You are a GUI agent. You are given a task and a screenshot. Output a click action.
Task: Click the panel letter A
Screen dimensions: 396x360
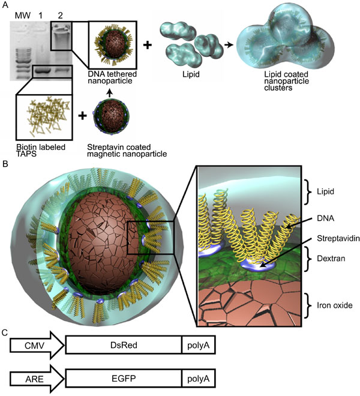coord(5,5)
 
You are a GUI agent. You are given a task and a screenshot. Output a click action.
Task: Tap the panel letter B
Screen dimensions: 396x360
coord(5,162)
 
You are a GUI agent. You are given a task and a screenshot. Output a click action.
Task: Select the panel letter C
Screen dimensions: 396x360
coord(5,331)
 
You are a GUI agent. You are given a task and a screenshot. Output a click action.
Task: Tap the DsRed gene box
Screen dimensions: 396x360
coord(123,346)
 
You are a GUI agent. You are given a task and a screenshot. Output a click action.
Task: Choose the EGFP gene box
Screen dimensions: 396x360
coord(123,378)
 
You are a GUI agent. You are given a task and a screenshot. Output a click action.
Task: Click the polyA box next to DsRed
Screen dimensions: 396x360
coord(198,346)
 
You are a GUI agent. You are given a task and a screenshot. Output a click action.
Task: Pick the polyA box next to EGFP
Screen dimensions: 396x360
coord(198,378)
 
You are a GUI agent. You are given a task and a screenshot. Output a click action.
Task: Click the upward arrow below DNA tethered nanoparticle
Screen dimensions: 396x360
coord(109,93)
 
